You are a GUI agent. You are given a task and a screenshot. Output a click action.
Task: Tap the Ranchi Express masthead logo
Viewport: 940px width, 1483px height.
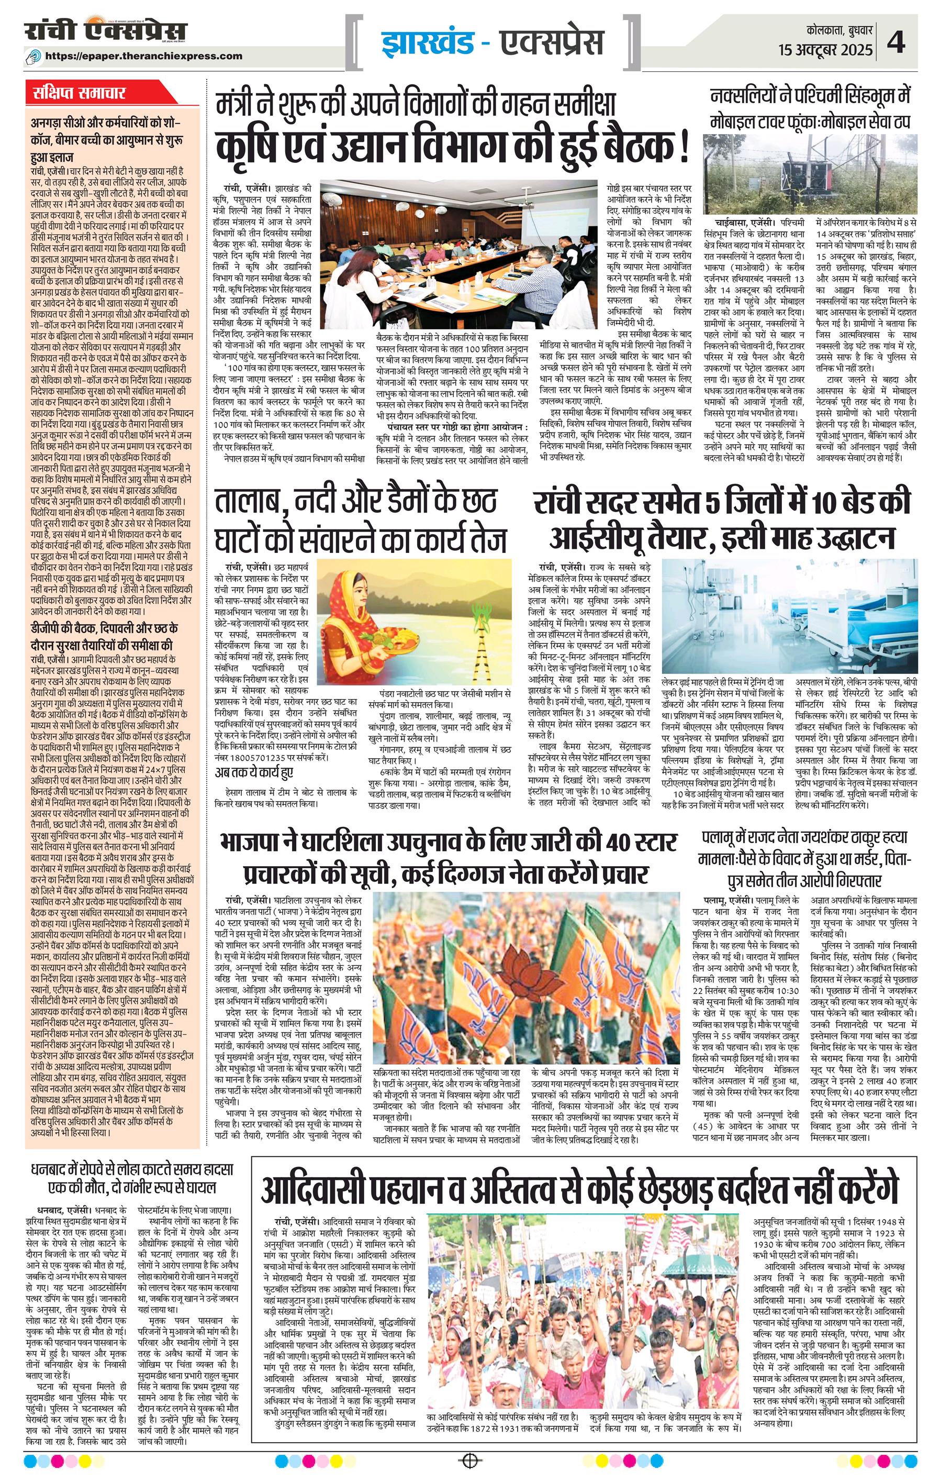pyautogui.click(x=106, y=31)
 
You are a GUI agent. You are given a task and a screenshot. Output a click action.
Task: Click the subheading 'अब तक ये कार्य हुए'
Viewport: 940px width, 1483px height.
pyautogui.click(x=254, y=773)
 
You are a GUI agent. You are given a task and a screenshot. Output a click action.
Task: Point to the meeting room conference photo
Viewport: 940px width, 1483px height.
pyautogui.click(x=458, y=254)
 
